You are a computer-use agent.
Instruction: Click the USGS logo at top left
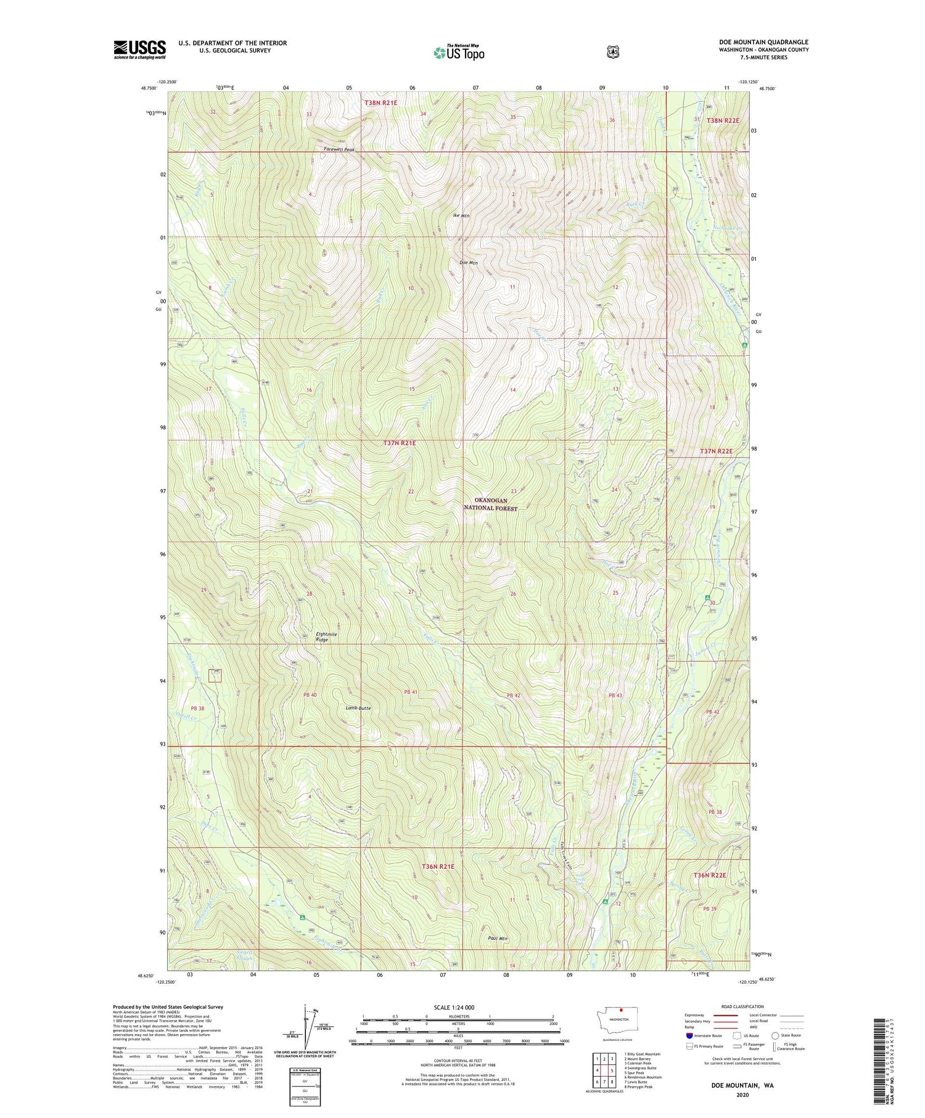point(139,49)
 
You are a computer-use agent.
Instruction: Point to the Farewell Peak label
point(339,149)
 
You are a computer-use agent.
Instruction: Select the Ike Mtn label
point(461,216)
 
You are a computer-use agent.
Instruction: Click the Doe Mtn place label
point(469,263)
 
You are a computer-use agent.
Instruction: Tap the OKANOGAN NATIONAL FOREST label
point(491,504)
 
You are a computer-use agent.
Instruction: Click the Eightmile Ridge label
point(326,637)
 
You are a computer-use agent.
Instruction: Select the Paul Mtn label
point(497,939)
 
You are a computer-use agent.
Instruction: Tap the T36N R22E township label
point(710,875)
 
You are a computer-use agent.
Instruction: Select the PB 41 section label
point(411,692)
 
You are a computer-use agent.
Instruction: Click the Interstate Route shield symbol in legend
point(689,1035)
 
